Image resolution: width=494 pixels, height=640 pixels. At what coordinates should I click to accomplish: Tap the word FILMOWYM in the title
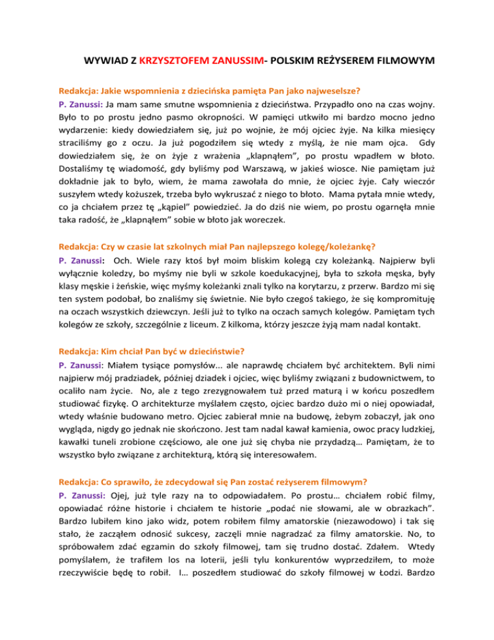(384, 62)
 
